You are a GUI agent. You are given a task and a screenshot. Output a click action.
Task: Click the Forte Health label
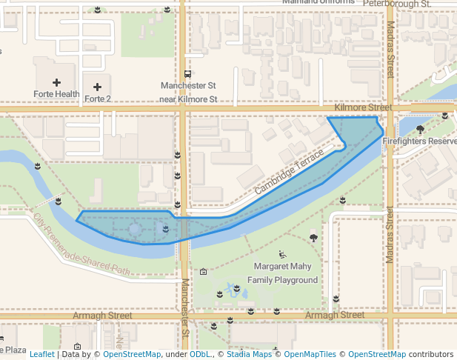pos(56,94)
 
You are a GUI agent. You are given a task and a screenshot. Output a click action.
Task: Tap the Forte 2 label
pos(98,99)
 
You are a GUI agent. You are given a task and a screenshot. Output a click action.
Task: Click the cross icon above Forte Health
pos(57,82)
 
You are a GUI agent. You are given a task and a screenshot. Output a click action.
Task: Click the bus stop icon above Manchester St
pos(188,74)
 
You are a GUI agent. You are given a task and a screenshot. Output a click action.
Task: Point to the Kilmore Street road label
pos(363,108)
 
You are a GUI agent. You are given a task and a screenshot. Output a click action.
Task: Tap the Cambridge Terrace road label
pos(290,173)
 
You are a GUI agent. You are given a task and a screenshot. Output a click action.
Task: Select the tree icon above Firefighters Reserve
pos(420,129)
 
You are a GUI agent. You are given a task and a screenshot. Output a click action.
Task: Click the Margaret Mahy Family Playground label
pos(286,273)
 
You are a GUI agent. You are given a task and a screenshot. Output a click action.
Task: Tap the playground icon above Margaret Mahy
pos(282,254)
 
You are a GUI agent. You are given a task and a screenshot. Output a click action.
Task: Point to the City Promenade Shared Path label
pos(81,245)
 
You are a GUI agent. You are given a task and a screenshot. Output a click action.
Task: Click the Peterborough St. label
pos(397,4)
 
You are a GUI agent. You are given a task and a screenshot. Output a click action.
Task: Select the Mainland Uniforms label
pos(318,2)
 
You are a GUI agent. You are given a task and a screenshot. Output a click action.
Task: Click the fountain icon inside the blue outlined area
pos(135,230)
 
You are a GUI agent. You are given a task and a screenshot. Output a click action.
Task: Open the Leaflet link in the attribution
pos(41,354)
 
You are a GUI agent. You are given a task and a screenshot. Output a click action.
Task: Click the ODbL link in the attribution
pos(199,354)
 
